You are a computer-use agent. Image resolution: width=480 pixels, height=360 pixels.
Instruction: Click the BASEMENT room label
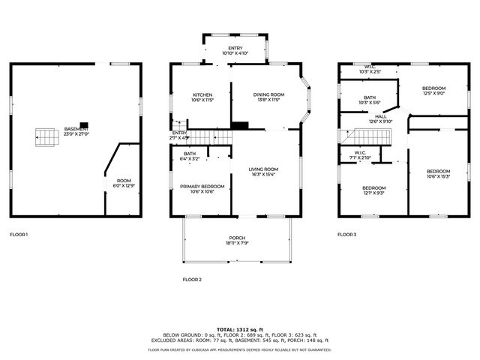pos(76,130)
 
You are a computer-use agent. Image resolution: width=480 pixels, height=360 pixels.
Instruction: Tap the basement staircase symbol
pos(44,137)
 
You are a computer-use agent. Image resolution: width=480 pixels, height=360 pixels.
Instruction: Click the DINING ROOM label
pos(268,97)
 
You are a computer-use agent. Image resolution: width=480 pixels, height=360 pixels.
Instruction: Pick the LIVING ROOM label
pos(263,172)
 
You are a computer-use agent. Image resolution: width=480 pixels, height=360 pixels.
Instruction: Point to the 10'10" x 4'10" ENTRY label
pos(235,50)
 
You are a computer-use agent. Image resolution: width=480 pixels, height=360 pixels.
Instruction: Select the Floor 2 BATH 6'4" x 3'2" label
pos(189,156)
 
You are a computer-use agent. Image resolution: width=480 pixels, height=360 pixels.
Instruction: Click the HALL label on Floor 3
pos(381,118)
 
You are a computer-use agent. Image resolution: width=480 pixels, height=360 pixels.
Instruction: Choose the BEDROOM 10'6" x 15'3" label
pos(439,173)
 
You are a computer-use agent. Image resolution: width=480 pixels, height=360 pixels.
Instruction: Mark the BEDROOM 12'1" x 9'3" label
pos(373,190)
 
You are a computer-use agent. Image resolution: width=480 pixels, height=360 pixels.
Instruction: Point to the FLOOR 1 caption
pos(19,235)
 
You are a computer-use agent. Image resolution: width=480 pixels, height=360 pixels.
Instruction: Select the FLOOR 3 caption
pos(346,235)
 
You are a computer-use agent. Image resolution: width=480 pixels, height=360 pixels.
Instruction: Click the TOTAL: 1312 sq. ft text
pos(239,329)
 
